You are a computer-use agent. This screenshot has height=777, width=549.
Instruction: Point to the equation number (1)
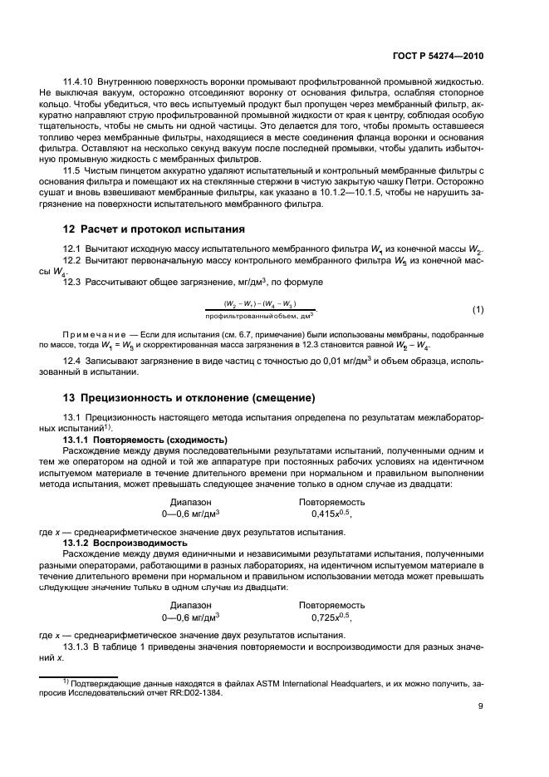tap(478, 310)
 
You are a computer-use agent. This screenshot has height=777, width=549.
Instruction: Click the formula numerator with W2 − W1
tap(260, 303)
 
